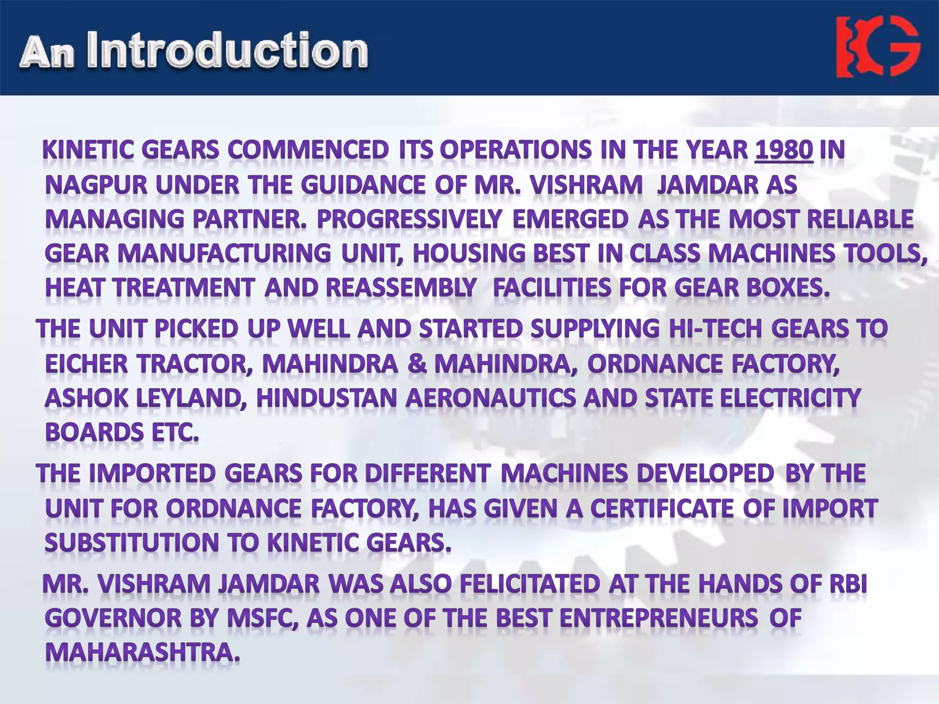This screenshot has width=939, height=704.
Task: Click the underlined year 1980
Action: [x=784, y=150]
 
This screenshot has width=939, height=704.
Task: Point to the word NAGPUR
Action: [x=96, y=185]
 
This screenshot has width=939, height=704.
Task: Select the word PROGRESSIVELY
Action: [x=409, y=219]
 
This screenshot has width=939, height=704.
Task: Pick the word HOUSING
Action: [x=469, y=253]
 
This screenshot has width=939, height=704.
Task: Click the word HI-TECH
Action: [x=715, y=329]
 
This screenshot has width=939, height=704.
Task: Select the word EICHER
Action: [x=87, y=364]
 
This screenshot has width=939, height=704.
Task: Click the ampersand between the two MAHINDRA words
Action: [x=416, y=364]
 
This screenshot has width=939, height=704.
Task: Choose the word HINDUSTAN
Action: [x=326, y=398]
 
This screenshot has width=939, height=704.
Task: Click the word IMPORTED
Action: [x=152, y=473]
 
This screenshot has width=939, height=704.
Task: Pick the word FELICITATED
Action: [x=530, y=584]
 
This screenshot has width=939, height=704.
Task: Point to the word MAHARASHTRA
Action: [x=142, y=653]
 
